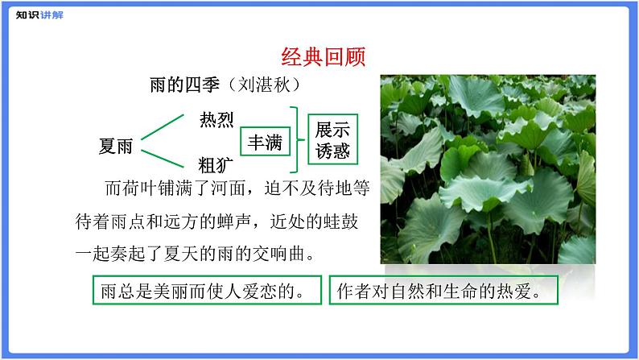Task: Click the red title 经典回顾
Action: coord(324,56)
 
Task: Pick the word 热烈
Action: coord(216,121)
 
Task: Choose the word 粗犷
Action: coord(216,165)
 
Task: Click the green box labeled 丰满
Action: coord(265,143)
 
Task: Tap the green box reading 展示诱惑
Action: coord(332,141)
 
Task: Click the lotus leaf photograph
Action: coord(487,169)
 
